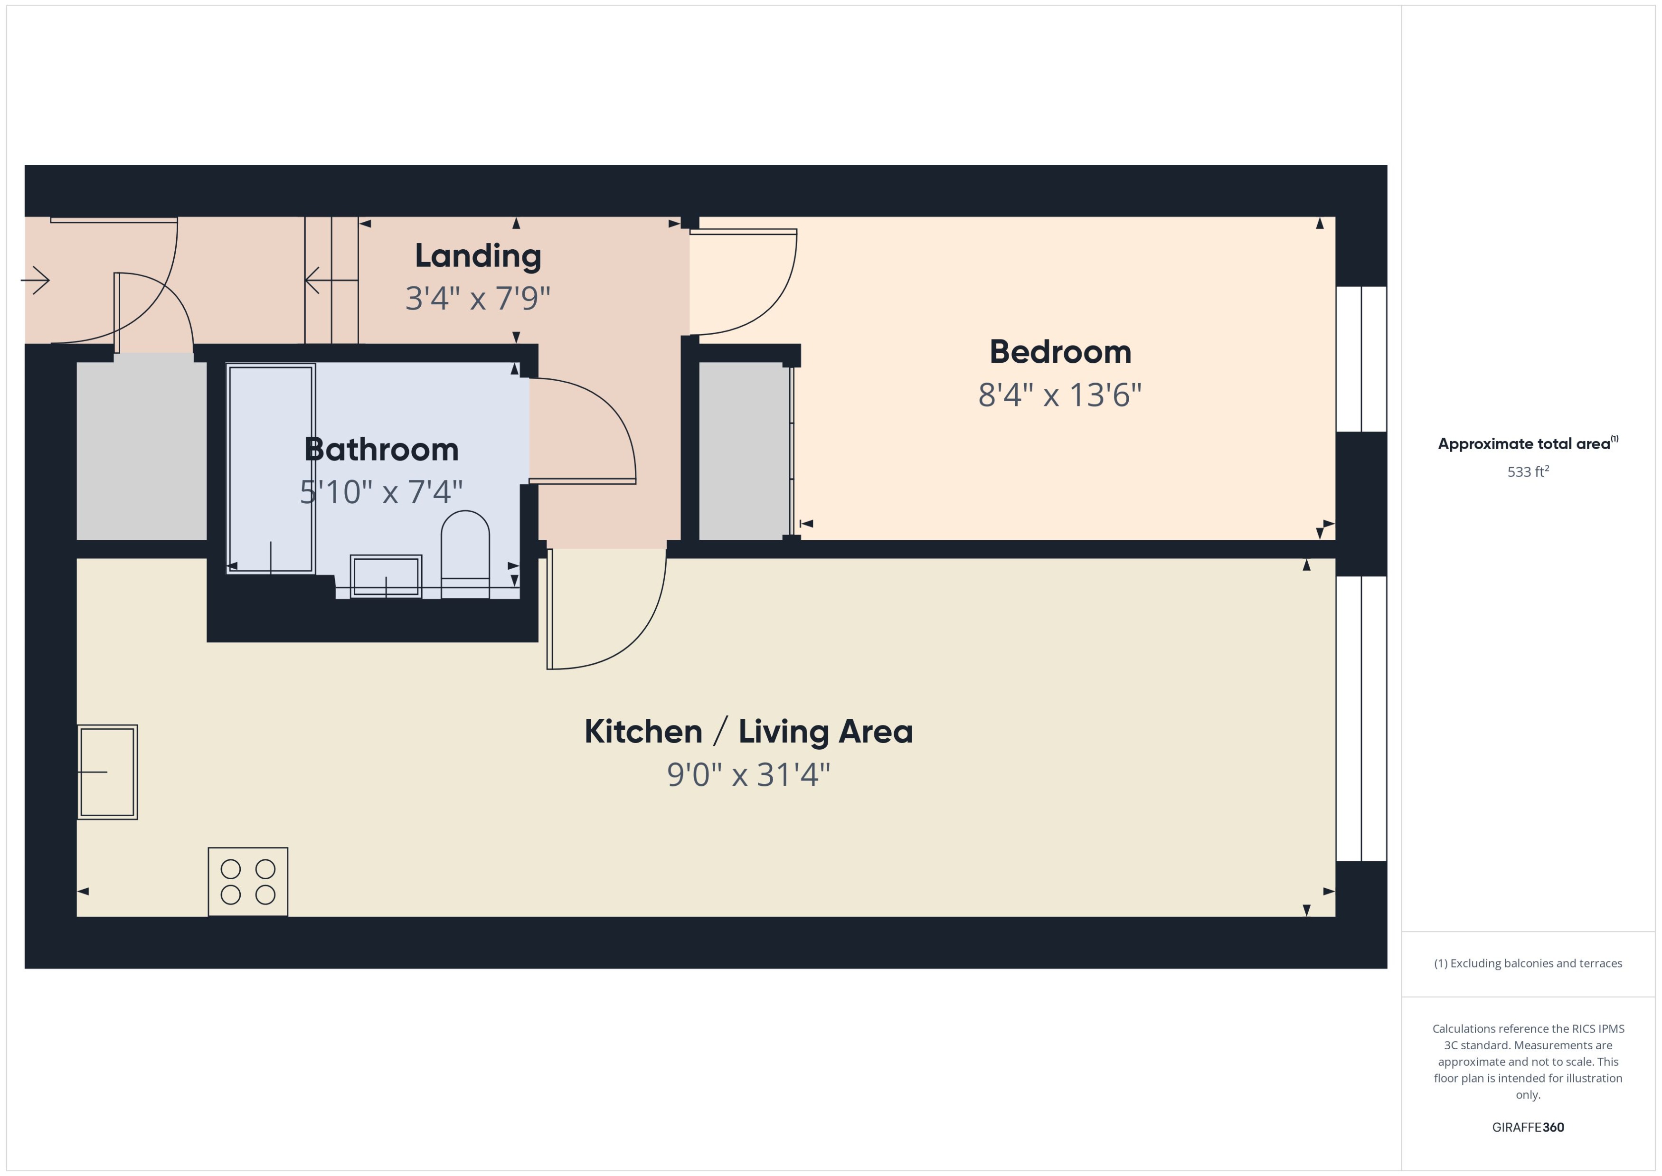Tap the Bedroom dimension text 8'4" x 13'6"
coord(1059,395)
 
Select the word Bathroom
coord(382,450)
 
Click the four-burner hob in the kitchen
coord(248,881)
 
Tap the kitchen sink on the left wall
coord(107,772)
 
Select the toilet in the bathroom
coord(465,554)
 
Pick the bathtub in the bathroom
coord(271,469)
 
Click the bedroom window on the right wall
coord(1361,359)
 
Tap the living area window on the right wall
coord(1361,718)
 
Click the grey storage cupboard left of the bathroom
coord(141,451)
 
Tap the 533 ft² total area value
coord(1528,472)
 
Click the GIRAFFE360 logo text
coord(1528,1127)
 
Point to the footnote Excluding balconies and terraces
coord(1528,963)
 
